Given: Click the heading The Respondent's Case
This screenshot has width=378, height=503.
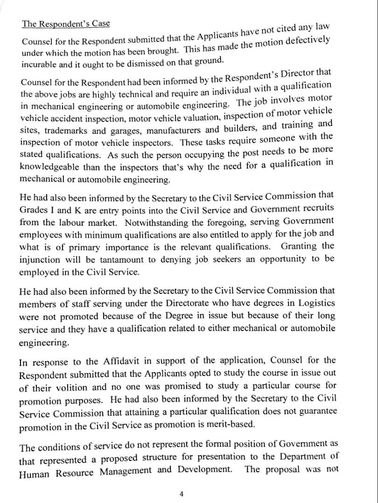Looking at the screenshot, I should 66,24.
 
